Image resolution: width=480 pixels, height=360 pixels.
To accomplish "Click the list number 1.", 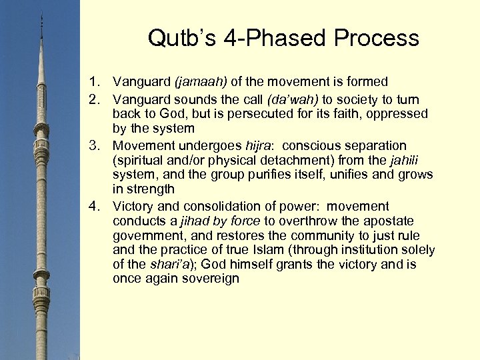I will (x=95, y=82).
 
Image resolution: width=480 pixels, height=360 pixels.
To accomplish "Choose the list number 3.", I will (x=95, y=145).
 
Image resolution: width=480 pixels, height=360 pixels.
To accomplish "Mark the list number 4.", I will (x=95, y=206).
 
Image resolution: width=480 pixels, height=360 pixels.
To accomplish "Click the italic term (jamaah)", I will (x=201, y=82).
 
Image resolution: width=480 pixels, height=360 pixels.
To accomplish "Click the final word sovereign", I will (x=209, y=279).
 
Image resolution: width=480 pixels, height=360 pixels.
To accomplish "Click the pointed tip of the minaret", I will (x=41, y=15).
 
